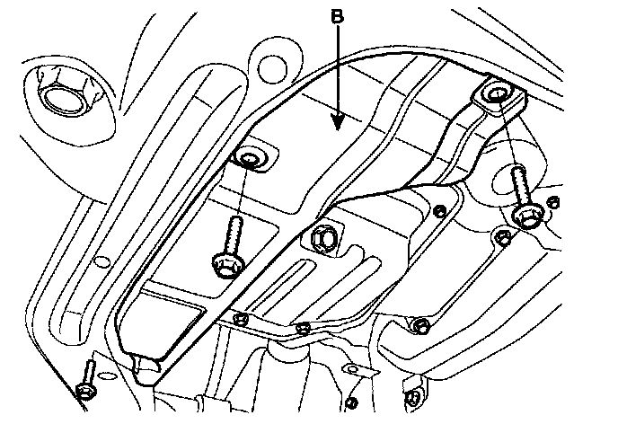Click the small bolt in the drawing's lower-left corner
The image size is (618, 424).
point(85,388)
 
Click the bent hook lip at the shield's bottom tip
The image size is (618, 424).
point(144,364)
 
